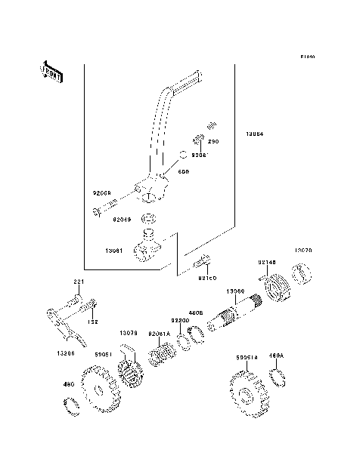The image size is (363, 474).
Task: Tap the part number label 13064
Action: [x=254, y=136]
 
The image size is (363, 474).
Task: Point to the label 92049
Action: [x=123, y=220]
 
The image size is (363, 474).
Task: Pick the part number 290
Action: [x=213, y=141]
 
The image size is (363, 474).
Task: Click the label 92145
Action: [x=267, y=263]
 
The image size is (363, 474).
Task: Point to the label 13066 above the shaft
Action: [x=235, y=291]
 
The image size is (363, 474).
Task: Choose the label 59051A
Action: [x=247, y=358]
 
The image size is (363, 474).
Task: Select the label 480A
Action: [x=277, y=355]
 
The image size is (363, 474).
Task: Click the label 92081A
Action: [x=160, y=333]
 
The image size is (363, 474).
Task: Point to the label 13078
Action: [x=128, y=333]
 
